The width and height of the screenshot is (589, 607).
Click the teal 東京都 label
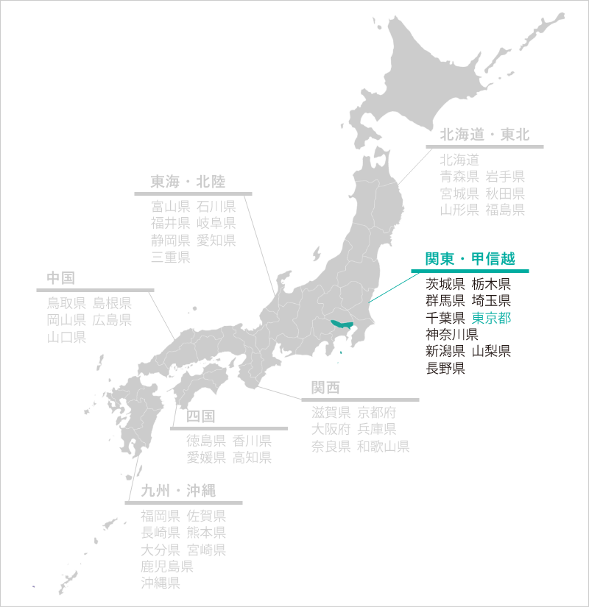point(491,319)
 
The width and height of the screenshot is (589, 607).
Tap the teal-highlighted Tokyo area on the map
point(341,323)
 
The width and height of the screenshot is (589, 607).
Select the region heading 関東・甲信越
point(470,259)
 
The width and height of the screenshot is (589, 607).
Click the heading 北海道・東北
point(484,135)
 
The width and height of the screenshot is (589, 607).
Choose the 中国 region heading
point(61,277)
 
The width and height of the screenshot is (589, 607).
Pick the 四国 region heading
point(201,416)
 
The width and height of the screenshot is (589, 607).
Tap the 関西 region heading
point(325,388)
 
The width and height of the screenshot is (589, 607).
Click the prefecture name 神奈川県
point(452,335)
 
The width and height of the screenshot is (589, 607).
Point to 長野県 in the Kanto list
point(445,369)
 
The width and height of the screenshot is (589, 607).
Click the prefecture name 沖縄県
point(161,583)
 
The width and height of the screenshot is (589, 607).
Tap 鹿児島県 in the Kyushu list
point(167,567)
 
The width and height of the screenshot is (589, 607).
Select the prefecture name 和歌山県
point(384,447)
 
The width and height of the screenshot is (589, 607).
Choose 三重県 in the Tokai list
point(171,257)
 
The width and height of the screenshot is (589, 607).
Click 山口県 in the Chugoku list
point(66,337)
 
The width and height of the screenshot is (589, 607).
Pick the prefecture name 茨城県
point(445,284)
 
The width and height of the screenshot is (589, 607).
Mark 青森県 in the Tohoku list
point(459,176)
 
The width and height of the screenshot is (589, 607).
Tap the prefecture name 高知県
point(253,457)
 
